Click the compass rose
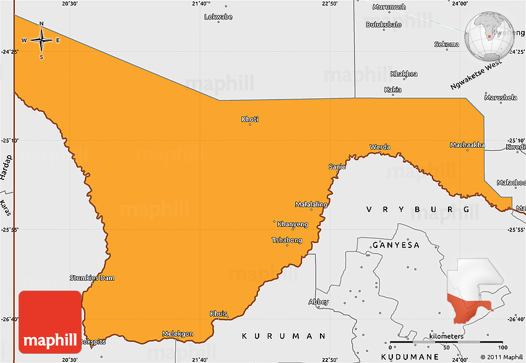coord(41,41)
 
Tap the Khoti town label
coord(250,119)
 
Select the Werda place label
coord(380,147)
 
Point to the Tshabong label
coord(287,240)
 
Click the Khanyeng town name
coord(292,224)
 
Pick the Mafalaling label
coord(311,204)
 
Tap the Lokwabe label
coord(218,17)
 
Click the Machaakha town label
coord(467,145)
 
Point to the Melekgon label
coord(178,334)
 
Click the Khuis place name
coord(219,314)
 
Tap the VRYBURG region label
coord(418,210)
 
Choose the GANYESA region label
coord(396,246)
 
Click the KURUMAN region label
coord(283,336)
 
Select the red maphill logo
coord(50,322)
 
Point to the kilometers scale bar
coord(446,341)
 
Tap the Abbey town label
coord(319,302)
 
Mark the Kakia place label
coord(393,90)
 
